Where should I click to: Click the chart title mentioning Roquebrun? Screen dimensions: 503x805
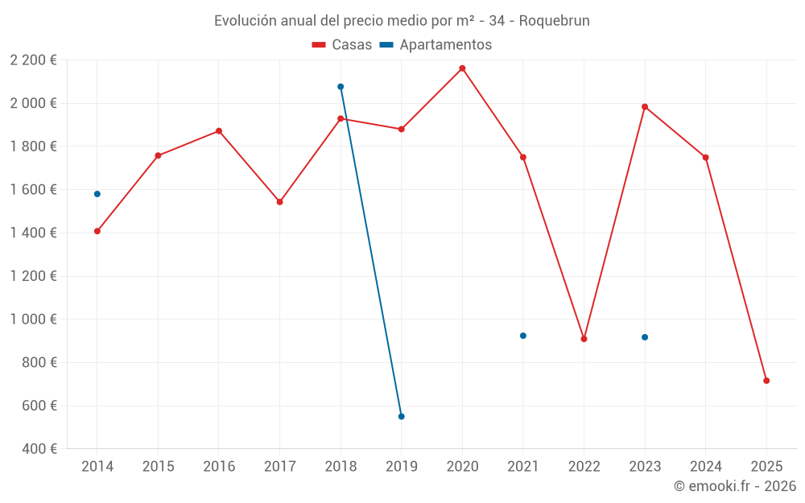click(402, 21)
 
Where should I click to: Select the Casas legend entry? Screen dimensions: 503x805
click(342, 45)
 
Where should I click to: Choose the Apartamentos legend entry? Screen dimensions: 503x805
click(436, 45)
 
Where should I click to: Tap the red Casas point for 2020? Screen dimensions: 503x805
click(462, 68)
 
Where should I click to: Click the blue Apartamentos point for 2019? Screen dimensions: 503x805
click(401, 416)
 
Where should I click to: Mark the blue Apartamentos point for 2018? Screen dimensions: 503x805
click(341, 87)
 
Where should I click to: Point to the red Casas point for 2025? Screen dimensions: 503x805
click(766, 381)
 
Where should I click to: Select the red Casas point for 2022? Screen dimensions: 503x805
click(584, 339)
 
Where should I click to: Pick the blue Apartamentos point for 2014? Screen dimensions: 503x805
click(97, 194)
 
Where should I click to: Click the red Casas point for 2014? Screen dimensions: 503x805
click(97, 231)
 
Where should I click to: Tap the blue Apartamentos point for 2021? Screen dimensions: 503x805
click(523, 336)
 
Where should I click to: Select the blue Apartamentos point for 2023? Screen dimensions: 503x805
click(645, 337)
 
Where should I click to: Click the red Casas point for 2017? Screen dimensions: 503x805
click(280, 202)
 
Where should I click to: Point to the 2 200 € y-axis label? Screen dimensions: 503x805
click(33, 60)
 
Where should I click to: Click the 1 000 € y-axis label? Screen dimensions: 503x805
click(33, 320)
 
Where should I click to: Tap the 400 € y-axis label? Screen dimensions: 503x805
click(38, 449)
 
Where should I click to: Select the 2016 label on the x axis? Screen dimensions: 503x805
click(219, 467)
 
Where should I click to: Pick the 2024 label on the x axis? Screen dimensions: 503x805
click(706, 467)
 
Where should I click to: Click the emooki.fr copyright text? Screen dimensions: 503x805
click(734, 486)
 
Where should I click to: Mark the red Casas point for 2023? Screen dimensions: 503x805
click(645, 107)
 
